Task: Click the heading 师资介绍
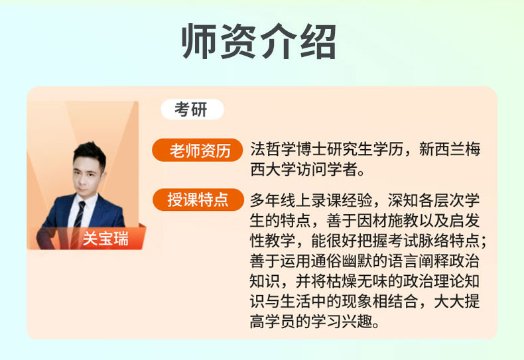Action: (259, 41)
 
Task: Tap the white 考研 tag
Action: (192, 109)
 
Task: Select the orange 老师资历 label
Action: (197, 150)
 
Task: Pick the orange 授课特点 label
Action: (198, 200)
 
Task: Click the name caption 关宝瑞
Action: (105, 239)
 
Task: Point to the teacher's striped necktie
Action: (79, 217)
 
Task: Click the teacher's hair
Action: (90, 154)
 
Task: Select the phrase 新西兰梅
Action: (450, 149)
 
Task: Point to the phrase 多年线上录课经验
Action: (311, 200)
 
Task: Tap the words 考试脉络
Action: (419, 241)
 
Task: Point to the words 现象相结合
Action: (380, 302)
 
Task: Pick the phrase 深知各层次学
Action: (434, 200)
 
